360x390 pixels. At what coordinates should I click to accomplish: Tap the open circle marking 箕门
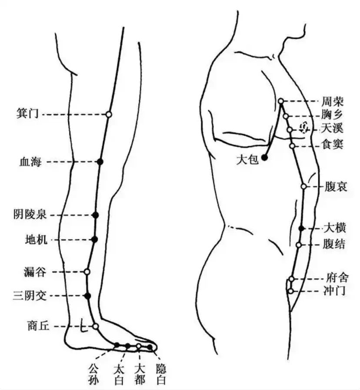coord(109,114)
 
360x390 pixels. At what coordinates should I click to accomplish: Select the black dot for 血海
coord(100,162)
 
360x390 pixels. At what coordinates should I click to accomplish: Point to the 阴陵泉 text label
coord(30,215)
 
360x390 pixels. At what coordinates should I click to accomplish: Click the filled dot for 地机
coord(95,240)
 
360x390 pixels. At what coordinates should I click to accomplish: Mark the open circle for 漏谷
coord(87,272)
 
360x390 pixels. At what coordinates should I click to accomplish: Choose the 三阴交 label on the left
coord(30,296)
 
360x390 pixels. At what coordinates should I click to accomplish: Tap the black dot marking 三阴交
coord(87,296)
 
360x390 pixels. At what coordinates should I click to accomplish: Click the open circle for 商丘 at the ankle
coord(96,326)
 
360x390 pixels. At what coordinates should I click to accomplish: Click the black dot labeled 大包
coord(264,157)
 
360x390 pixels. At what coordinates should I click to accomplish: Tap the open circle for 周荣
coord(281,101)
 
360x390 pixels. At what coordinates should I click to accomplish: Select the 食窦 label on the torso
coord(333,144)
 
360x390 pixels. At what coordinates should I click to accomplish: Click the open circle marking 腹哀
coord(304,186)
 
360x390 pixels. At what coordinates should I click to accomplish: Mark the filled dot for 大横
coord(301,228)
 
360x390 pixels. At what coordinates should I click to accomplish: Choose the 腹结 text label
coord(334,244)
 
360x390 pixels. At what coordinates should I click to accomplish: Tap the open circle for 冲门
coord(290,291)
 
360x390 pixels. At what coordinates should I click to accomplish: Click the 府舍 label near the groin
coord(337,278)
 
